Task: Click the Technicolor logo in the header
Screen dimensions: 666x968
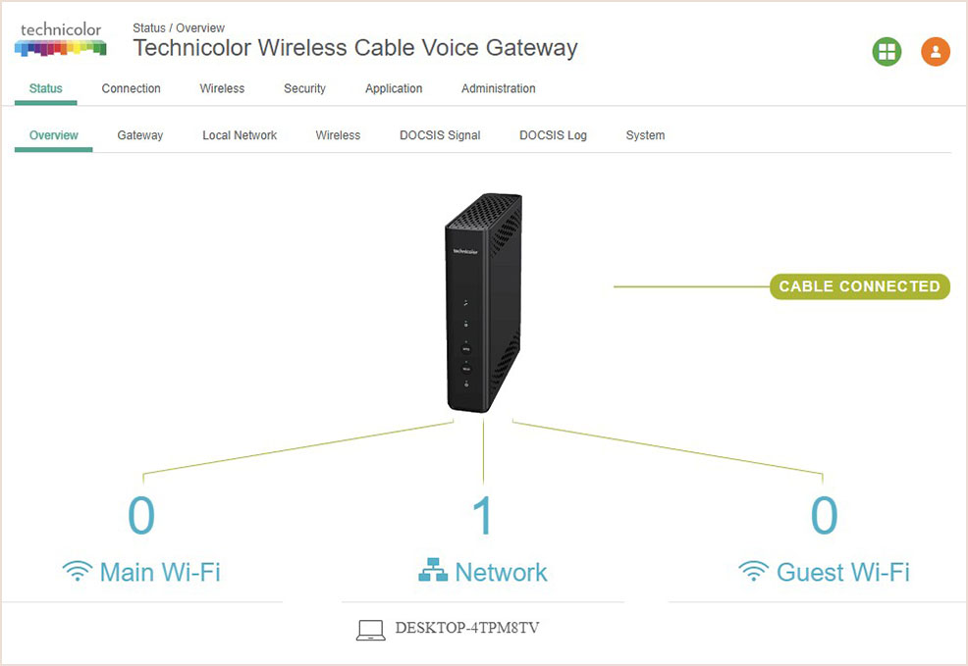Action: pyautogui.click(x=61, y=39)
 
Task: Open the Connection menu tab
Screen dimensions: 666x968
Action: pyautogui.click(x=131, y=88)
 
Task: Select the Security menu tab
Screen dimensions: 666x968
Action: pyautogui.click(x=304, y=88)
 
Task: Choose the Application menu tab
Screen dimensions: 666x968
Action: pyautogui.click(x=394, y=88)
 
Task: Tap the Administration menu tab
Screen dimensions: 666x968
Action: pyautogui.click(x=499, y=88)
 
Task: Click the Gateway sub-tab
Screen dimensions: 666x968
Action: pyautogui.click(x=140, y=135)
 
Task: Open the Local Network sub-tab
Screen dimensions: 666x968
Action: pyautogui.click(x=240, y=135)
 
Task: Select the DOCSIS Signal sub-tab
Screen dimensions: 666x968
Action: pyautogui.click(x=440, y=135)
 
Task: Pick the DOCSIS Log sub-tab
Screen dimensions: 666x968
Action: pyautogui.click(x=553, y=135)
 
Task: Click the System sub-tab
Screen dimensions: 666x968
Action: pyautogui.click(x=645, y=135)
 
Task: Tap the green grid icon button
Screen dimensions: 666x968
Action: pyautogui.click(x=887, y=52)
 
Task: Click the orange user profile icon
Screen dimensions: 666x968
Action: pyautogui.click(x=936, y=52)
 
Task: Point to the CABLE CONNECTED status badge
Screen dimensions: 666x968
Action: pyautogui.click(x=859, y=286)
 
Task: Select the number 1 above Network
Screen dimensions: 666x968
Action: pyautogui.click(x=482, y=516)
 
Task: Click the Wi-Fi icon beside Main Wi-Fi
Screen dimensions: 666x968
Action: pyautogui.click(x=78, y=572)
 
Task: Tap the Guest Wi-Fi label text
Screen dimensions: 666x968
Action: pyautogui.click(x=842, y=572)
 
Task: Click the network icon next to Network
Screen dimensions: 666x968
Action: pyautogui.click(x=433, y=571)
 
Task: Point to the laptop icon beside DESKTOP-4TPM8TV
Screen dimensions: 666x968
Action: pyautogui.click(x=370, y=630)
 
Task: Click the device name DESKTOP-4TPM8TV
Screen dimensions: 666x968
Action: pyautogui.click(x=466, y=627)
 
